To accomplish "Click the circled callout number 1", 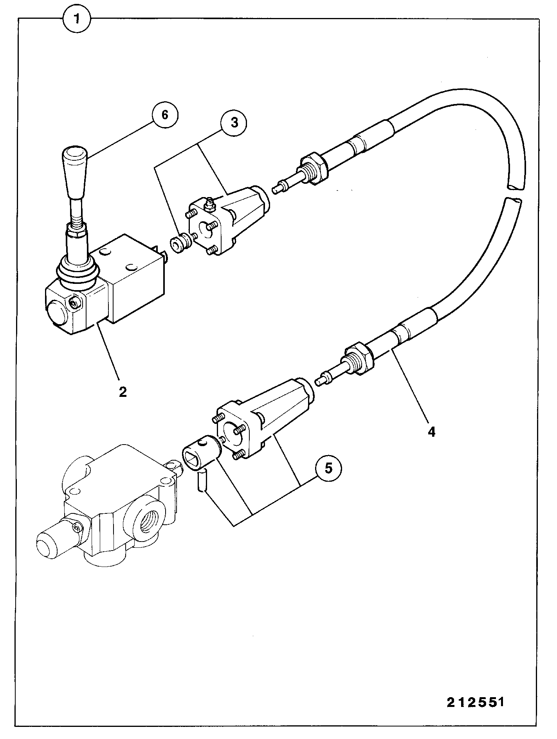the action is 77,19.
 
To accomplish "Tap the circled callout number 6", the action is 165,115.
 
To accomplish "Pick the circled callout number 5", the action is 328,468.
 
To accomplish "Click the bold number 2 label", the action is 123,392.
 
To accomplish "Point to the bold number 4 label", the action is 431,432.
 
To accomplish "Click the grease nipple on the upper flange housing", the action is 209,204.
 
